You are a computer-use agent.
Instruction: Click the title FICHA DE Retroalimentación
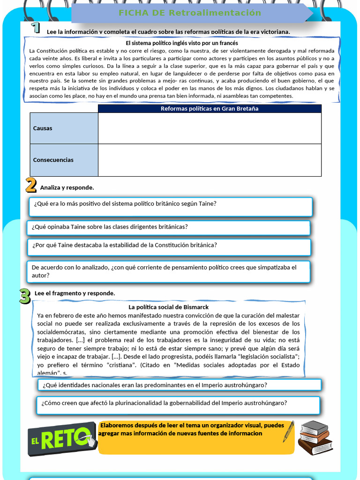[x=190, y=13]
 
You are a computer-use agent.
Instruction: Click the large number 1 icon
[x=35, y=28]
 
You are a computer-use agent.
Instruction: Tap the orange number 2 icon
[x=31, y=185]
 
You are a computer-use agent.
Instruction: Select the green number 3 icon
[x=25, y=296]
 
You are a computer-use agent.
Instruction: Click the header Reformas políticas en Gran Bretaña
[x=210, y=109]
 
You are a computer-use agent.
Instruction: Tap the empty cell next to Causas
[x=210, y=128]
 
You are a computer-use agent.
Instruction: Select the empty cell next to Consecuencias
[x=210, y=160]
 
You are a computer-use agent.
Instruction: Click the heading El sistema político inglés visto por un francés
[x=181, y=43]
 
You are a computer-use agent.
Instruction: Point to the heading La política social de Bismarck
[x=169, y=307]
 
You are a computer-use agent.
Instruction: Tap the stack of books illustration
[x=315, y=437]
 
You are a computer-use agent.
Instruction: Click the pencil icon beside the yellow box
[x=288, y=431]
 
